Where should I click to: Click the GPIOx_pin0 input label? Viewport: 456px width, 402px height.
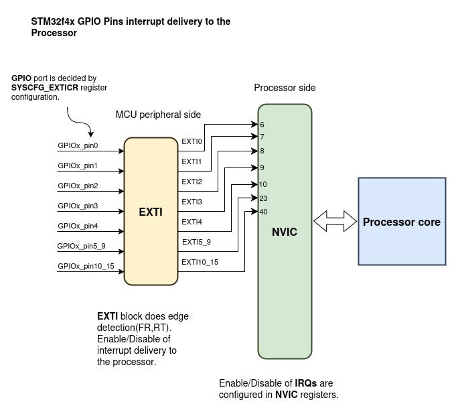[x=78, y=146]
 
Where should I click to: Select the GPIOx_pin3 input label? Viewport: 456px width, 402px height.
[x=78, y=206]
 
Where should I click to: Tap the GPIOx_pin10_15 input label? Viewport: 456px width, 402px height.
[x=86, y=266]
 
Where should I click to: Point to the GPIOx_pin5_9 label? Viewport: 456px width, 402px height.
[x=82, y=246]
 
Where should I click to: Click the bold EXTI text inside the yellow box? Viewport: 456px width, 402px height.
[x=151, y=212]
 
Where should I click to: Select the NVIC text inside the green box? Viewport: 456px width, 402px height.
[x=285, y=232]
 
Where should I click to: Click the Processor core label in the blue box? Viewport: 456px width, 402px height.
[x=401, y=222]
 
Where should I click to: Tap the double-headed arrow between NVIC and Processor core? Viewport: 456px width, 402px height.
[x=335, y=221]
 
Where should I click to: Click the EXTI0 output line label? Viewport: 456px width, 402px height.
[x=192, y=141]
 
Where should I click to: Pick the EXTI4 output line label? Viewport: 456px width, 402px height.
[x=192, y=222]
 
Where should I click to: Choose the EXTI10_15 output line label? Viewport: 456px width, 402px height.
[x=200, y=262]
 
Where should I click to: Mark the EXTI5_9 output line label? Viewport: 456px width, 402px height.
[x=196, y=242]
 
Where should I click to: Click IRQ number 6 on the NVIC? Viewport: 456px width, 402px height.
[x=262, y=125]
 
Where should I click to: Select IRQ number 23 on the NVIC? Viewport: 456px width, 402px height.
[x=263, y=198]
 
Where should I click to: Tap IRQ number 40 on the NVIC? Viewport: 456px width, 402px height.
[x=263, y=212]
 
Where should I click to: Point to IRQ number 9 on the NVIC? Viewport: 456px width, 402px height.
[x=262, y=167]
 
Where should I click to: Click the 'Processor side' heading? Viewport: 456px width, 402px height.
[x=285, y=88]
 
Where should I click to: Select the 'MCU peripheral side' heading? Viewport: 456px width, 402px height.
[x=158, y=115]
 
